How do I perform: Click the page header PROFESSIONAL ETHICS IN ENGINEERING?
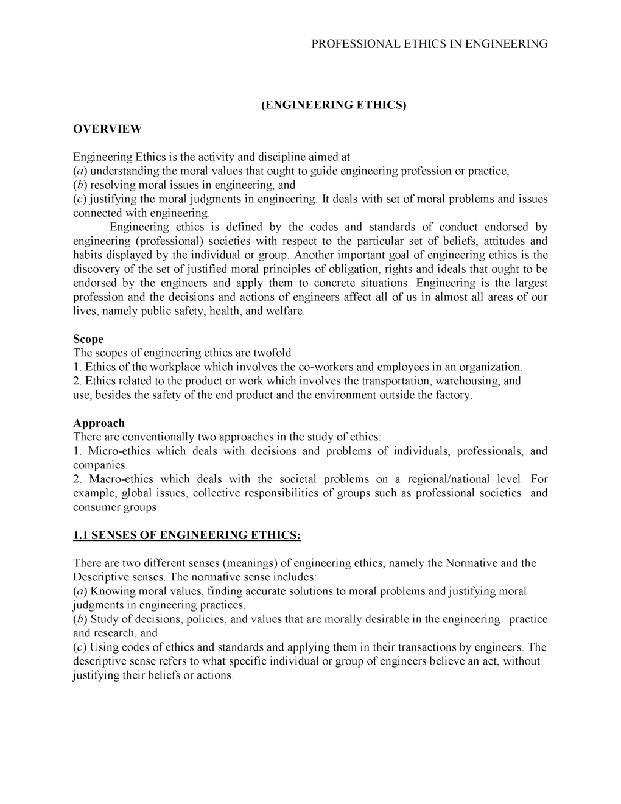click(429, 44)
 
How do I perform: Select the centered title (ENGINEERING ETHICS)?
click(333, 105)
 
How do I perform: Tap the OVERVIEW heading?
click(107, 129)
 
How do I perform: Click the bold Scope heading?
click(88, 339)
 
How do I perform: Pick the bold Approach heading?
click(99, 423)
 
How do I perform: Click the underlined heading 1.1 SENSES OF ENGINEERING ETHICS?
click(187, 535)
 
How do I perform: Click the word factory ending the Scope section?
click(453, 395)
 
